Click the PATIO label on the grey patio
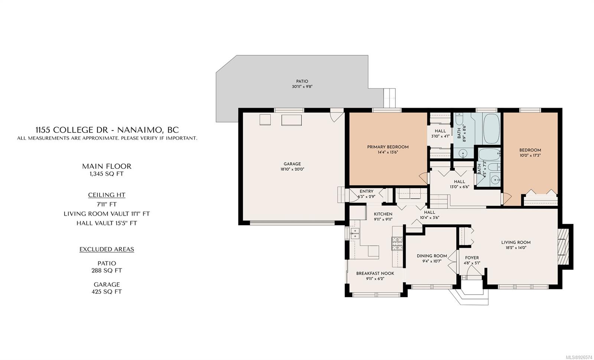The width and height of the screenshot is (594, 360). pos(302,81)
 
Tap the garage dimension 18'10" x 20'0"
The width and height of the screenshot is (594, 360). pos(292,169)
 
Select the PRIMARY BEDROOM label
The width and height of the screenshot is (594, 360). pos(388,147)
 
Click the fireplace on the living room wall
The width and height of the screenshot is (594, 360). pos(564,247)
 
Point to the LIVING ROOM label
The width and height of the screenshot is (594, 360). pos(516,242)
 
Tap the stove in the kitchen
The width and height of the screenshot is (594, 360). pos(397,243)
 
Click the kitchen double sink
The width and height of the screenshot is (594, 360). pos(355,233)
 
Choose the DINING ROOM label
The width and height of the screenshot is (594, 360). pos(432,256)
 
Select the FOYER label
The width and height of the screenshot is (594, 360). pos(472,258)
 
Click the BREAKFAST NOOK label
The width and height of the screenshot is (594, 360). pos(375,273)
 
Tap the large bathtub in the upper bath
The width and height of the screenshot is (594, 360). pos(492,129)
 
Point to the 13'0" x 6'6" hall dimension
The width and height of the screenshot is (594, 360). pos(459,187)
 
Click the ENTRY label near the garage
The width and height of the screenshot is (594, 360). pos(366,192)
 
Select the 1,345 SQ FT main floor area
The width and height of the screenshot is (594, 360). pos(107,174)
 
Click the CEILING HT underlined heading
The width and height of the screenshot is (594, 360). pos(107,195)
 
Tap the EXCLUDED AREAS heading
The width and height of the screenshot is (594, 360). pos(107,249)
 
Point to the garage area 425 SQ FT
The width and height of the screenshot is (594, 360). pos(107,292)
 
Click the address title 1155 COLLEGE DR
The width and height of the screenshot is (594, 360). pos(72,130)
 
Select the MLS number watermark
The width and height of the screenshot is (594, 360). pos(579,357)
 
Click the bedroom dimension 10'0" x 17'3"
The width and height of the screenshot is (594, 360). pos(530,156)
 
